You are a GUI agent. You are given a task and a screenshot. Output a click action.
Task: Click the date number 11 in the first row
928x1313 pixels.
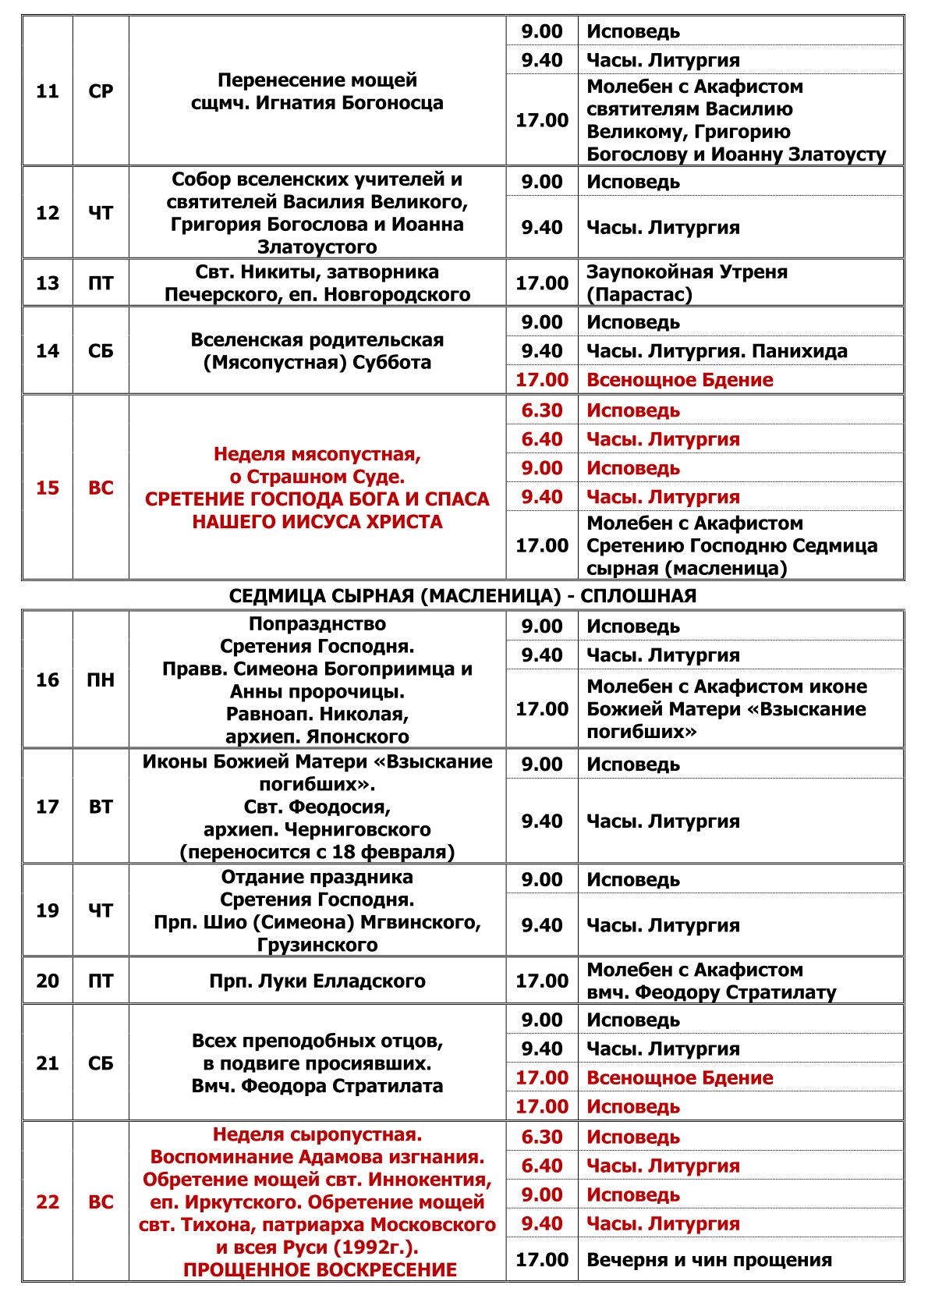[x=48, y=91]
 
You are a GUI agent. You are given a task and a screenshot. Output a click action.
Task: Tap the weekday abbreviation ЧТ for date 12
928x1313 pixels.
[x=101, y=213]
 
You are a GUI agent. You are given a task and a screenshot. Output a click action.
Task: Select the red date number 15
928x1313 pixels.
[x=48, y=488]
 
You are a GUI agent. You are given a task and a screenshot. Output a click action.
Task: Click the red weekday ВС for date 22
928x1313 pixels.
[x=101, y=1202]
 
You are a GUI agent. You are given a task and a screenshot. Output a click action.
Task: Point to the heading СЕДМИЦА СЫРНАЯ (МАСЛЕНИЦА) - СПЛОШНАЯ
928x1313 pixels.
[x=462, y=596]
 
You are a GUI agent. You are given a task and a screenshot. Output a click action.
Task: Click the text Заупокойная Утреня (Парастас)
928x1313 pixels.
[x=686, y=283]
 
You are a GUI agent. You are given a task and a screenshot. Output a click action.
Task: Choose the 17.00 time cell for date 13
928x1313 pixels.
[x=542, y=283]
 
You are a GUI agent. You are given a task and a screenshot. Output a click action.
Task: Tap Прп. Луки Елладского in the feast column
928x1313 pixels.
[x=317, y=981]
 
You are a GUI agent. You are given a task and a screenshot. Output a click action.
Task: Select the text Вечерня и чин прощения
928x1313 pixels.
[x=709, y=1260]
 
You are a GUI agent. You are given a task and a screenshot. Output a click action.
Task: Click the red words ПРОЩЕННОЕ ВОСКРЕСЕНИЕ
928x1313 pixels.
[x=320, y=1270]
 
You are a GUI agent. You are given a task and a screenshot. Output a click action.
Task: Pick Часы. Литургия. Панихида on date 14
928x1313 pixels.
[x=717, y=351]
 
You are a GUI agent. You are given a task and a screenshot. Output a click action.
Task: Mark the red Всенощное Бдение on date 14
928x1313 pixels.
[x=679, y=380]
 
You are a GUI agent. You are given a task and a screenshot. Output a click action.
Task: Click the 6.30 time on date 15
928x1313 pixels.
[x=542, y=410]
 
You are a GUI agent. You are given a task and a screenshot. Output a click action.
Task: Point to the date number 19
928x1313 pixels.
[x=48, y=910]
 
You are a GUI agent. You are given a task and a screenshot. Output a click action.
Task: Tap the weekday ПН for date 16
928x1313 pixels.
[x=101, y=680]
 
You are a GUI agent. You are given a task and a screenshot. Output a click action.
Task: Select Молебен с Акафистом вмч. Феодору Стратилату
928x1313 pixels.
[x=710, y=981]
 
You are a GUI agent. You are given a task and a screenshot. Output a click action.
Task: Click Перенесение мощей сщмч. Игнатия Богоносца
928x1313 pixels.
[x=317, y=91]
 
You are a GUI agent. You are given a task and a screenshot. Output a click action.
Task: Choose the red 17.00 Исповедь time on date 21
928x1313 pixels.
[x=542, y=1106]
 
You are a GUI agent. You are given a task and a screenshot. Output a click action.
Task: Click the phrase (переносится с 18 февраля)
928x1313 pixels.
[x=317, y=851]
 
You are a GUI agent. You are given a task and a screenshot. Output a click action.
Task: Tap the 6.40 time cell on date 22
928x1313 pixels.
[x=542, y=1166]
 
